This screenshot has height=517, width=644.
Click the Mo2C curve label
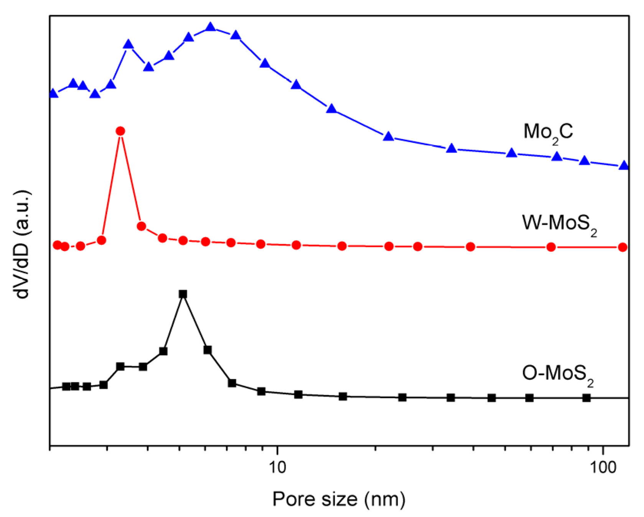point(548,133)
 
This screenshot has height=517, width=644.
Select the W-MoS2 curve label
point(559,224)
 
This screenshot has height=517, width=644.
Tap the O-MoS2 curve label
point(558,374)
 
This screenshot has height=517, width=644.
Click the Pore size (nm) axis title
point(339,499)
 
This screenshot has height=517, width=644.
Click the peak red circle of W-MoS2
point(120,131)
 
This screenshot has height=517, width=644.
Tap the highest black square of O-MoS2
point(183,294)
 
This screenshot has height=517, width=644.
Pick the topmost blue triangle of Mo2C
point(210,27)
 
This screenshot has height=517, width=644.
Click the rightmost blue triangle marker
point(624,166)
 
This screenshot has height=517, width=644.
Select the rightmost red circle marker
point(623,247)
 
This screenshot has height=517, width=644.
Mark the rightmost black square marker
point(586,398)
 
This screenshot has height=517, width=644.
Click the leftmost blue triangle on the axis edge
point(53,94)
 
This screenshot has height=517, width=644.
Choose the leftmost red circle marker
point(57,245)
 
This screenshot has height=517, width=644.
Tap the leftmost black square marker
point(66,386)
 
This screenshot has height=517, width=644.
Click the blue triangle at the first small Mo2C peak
point(128,45)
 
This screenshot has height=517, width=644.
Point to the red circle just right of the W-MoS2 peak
point(141,226)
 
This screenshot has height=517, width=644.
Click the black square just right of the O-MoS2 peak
point(208,350)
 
